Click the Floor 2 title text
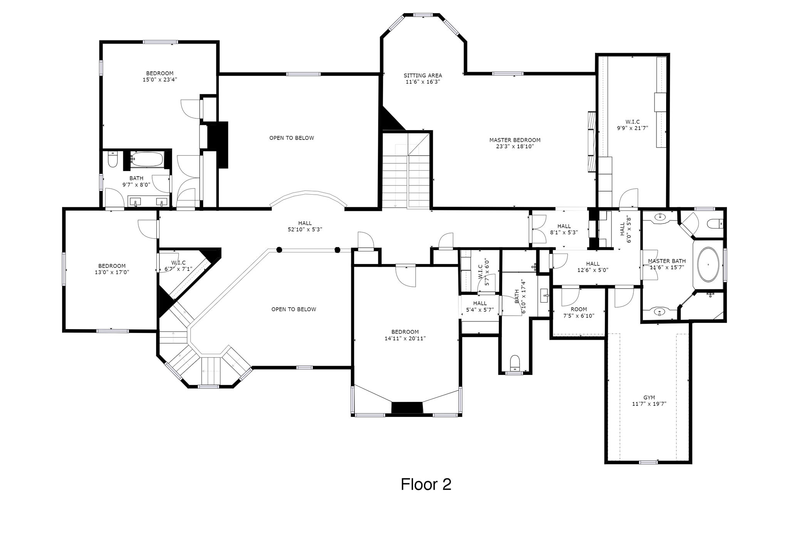pos(426,484)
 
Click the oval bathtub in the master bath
pos(708,265)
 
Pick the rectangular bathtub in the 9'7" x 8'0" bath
pos(147,160)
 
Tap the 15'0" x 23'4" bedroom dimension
pos(159,80)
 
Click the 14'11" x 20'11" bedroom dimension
pos(405,338)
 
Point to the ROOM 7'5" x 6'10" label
pos(579,313)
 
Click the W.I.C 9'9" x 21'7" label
pos(633,125)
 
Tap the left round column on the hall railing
pos(279,249)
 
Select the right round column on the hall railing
pos(337,249)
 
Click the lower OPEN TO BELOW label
pos(294,309)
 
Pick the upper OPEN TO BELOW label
pos(292,138)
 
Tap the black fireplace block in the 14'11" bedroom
pos(407,408)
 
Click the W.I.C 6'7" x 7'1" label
pos(178,266)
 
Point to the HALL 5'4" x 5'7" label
pos(480,306)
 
